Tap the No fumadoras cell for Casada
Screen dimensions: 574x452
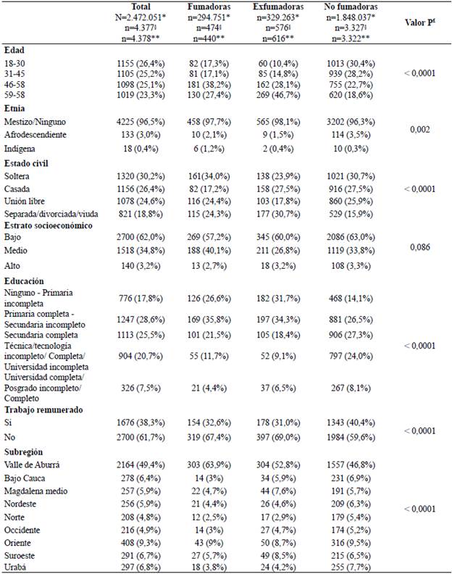pyautogui.click(x=351, y=187)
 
